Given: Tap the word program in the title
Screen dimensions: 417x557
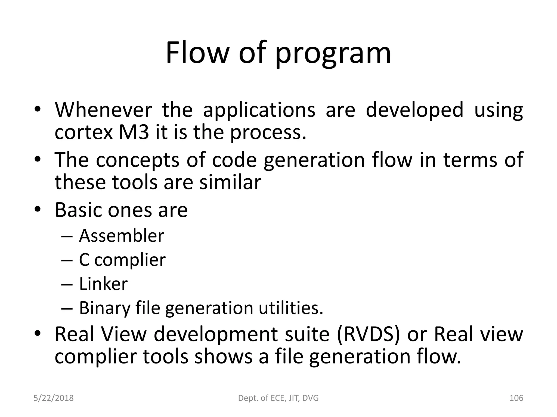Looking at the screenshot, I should tap(333, 54).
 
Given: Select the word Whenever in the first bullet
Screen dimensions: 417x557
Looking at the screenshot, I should tap(103, 110).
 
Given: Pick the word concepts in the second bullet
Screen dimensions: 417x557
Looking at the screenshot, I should tap(138, 160).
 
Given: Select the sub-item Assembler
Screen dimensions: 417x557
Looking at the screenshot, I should tap(121, 236).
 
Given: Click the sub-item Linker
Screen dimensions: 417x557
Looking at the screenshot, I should tap(103, 284).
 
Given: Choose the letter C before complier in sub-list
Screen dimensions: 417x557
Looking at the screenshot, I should tap(84, 260).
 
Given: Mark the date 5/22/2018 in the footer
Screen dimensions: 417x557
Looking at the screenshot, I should tap(54, 398).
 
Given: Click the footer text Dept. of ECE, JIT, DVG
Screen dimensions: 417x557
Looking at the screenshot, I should tap(278, 398).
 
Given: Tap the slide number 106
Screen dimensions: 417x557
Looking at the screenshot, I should tap(516, 398).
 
